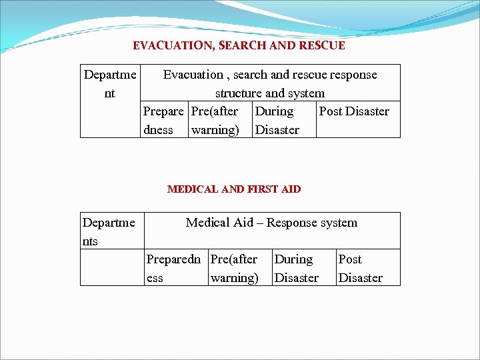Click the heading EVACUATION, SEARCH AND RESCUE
(239, 46)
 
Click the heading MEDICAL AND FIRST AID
(234, 189)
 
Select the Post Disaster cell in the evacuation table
(354, 112)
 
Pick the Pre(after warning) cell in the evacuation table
(215, 120)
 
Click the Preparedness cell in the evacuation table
(163, 120)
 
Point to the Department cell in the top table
(110, 84)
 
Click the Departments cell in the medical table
(109, 231)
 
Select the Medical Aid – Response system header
(271, 223)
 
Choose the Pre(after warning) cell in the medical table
(234, 268)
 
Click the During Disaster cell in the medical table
(296, 268)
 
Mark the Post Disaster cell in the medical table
(360, 268)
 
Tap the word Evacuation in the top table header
(193, 75)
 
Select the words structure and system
(269, 93)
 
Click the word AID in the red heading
(291, 189)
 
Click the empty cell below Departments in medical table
(112, 268)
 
